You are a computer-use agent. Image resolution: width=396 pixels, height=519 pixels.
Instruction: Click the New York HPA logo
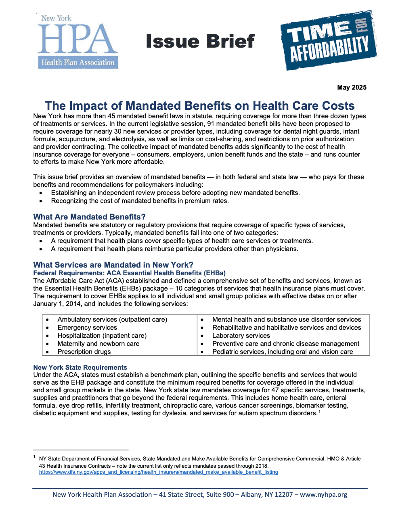(78, 42)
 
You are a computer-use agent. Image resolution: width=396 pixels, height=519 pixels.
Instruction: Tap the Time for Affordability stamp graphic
(328, 41)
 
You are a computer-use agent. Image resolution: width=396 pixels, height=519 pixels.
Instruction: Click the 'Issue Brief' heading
(200, 42)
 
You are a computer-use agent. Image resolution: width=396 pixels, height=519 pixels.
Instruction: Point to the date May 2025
(352, 88)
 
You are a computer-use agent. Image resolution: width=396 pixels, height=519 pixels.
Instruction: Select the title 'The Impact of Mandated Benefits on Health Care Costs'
(199, 106)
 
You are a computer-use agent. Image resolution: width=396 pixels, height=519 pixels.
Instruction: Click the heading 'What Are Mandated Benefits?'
(89, 217)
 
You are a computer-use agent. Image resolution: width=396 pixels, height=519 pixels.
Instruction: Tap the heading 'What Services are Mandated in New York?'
(113, 265)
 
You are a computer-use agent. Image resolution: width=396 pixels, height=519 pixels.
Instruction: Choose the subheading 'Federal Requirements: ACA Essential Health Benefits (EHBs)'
(129, 273)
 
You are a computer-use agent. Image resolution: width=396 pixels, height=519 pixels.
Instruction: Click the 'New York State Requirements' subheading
(80, 367)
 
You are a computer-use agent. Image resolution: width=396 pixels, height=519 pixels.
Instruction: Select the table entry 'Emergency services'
(87, 328)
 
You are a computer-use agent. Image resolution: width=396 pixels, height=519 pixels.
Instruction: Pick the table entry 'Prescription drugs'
(84, 352)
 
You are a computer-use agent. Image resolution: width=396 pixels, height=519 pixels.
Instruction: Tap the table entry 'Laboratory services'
(241, 336)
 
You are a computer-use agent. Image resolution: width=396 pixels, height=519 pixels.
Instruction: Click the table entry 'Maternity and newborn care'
(98, 344)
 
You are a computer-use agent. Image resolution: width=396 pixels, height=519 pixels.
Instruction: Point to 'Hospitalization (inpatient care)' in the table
(102, 336)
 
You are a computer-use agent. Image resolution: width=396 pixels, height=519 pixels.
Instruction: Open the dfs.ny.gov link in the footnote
(158, 472)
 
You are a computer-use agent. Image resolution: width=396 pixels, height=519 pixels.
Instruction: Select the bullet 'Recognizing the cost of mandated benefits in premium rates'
(140, 201)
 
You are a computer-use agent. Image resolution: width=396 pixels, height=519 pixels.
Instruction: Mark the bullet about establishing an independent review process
(175, 193)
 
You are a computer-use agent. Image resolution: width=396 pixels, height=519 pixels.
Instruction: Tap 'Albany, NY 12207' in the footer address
(267, 495)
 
